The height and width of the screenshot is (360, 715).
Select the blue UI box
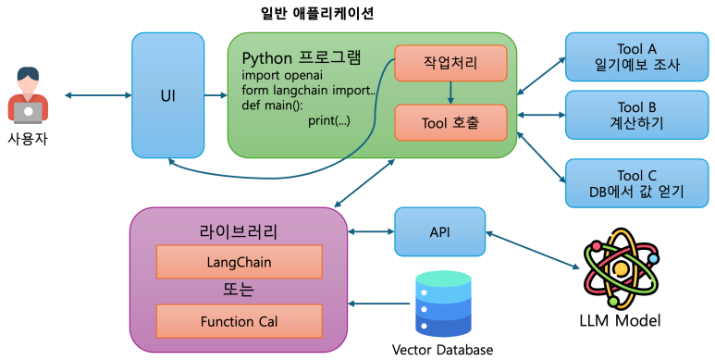(167, 95)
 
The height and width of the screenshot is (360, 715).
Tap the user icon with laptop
(29, 95)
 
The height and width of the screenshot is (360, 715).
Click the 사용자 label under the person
(29, 137)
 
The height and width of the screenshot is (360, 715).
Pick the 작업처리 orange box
(450, 62)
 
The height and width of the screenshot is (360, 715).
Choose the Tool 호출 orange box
(450, 122)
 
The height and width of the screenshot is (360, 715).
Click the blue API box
(439, 231)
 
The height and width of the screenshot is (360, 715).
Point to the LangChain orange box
(239, 262)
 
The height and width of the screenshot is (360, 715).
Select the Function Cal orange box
(239, 321)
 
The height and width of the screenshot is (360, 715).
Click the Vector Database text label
(442, 350)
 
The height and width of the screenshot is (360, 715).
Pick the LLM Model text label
(619, 321)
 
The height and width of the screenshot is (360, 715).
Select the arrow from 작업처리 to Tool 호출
(450, 93)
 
